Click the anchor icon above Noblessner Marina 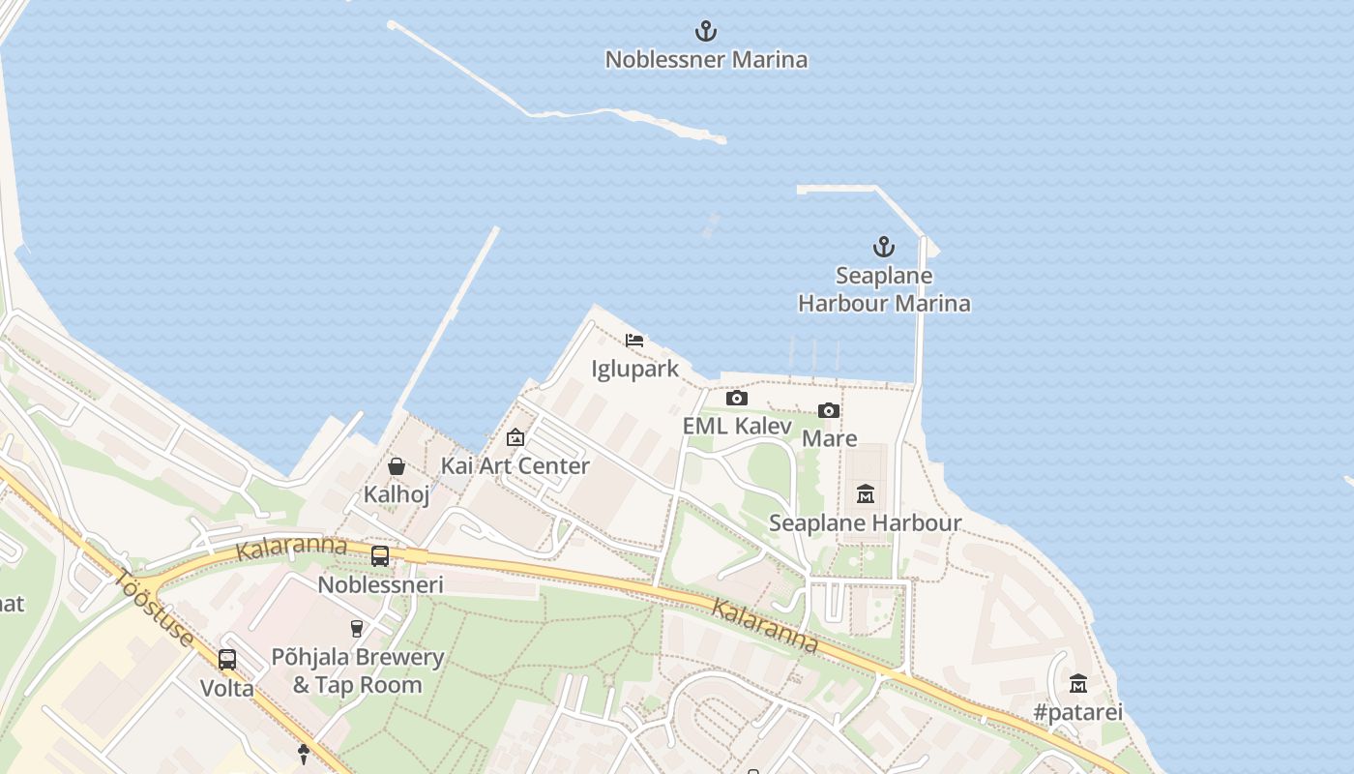[x=707, y=31]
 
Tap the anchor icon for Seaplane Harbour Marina [x=883, y=247]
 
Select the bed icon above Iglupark [x=634, y=341]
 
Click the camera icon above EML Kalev [x=737, y=398]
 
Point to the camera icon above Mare [x=829, y=410]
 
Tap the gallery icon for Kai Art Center [x=515, y=437]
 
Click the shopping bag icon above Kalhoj [x=397, y=466]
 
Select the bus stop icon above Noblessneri [x=380, y=556]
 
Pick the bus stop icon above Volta [x=227, y=660]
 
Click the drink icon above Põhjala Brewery [x=357, y=629]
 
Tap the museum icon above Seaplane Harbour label [x=866, y=494]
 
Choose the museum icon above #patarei [x=1078, y=684]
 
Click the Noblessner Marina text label [x=706, y=60]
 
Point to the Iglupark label [x=635, y=370]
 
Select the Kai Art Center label [x=515, y=465]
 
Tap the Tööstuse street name [x=154, y=610]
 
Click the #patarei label [x=1078, y=713]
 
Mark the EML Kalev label [x=737, y=426]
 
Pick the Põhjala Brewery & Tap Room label [x=358, y=671]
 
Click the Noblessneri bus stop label [x=380, y=585]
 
